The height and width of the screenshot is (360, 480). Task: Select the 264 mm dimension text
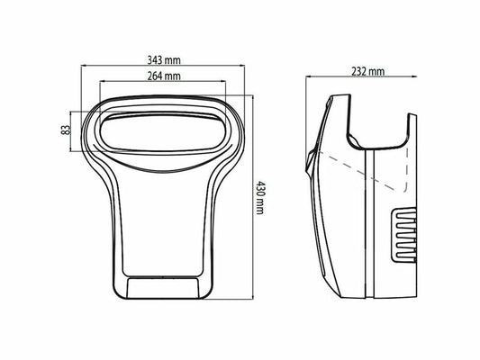[x=164, y=76]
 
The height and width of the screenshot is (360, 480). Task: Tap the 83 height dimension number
[x=66, y=130]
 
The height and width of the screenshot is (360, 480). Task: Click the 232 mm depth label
[x=364, y=71]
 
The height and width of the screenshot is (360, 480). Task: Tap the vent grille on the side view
[x=404, y=233]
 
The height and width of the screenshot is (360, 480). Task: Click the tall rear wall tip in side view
[x=412, y=118]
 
